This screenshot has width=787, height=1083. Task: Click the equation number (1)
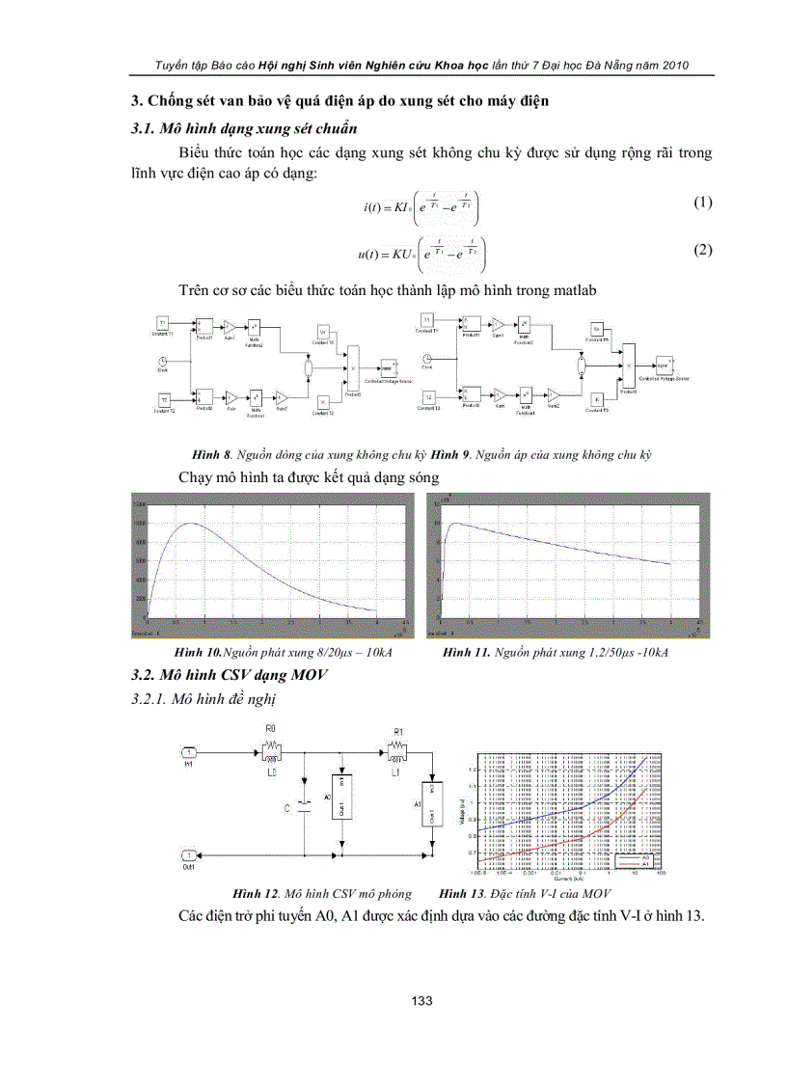tap(703, 203)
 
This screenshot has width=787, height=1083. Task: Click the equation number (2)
tap(703, 250)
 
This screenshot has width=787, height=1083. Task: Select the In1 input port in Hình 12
tap(189, 752)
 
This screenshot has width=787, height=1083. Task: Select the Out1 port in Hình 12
tap(189, 855)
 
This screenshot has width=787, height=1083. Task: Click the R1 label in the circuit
tap(397, 731)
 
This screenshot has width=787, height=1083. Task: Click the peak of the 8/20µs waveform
tap(191, 524)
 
